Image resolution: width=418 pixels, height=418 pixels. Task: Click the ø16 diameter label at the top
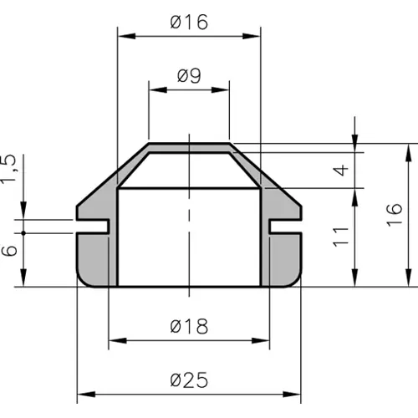pos(189,22)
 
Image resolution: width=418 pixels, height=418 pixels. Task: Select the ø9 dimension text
pos(189,75)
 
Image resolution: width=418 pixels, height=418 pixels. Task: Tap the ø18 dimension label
pos(189,326)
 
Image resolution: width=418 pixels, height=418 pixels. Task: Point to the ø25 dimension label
pos(189,380)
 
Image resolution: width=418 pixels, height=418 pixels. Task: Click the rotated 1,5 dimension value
pos(8,168)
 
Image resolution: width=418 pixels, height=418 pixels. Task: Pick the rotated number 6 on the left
pos(9,251)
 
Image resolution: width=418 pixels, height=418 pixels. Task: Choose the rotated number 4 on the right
pos(341,171)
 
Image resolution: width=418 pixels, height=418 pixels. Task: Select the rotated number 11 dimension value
pos(341,237)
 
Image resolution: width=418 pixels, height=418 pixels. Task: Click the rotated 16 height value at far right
pos(395,215)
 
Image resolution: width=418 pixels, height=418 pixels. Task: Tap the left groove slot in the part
pos(93,226)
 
